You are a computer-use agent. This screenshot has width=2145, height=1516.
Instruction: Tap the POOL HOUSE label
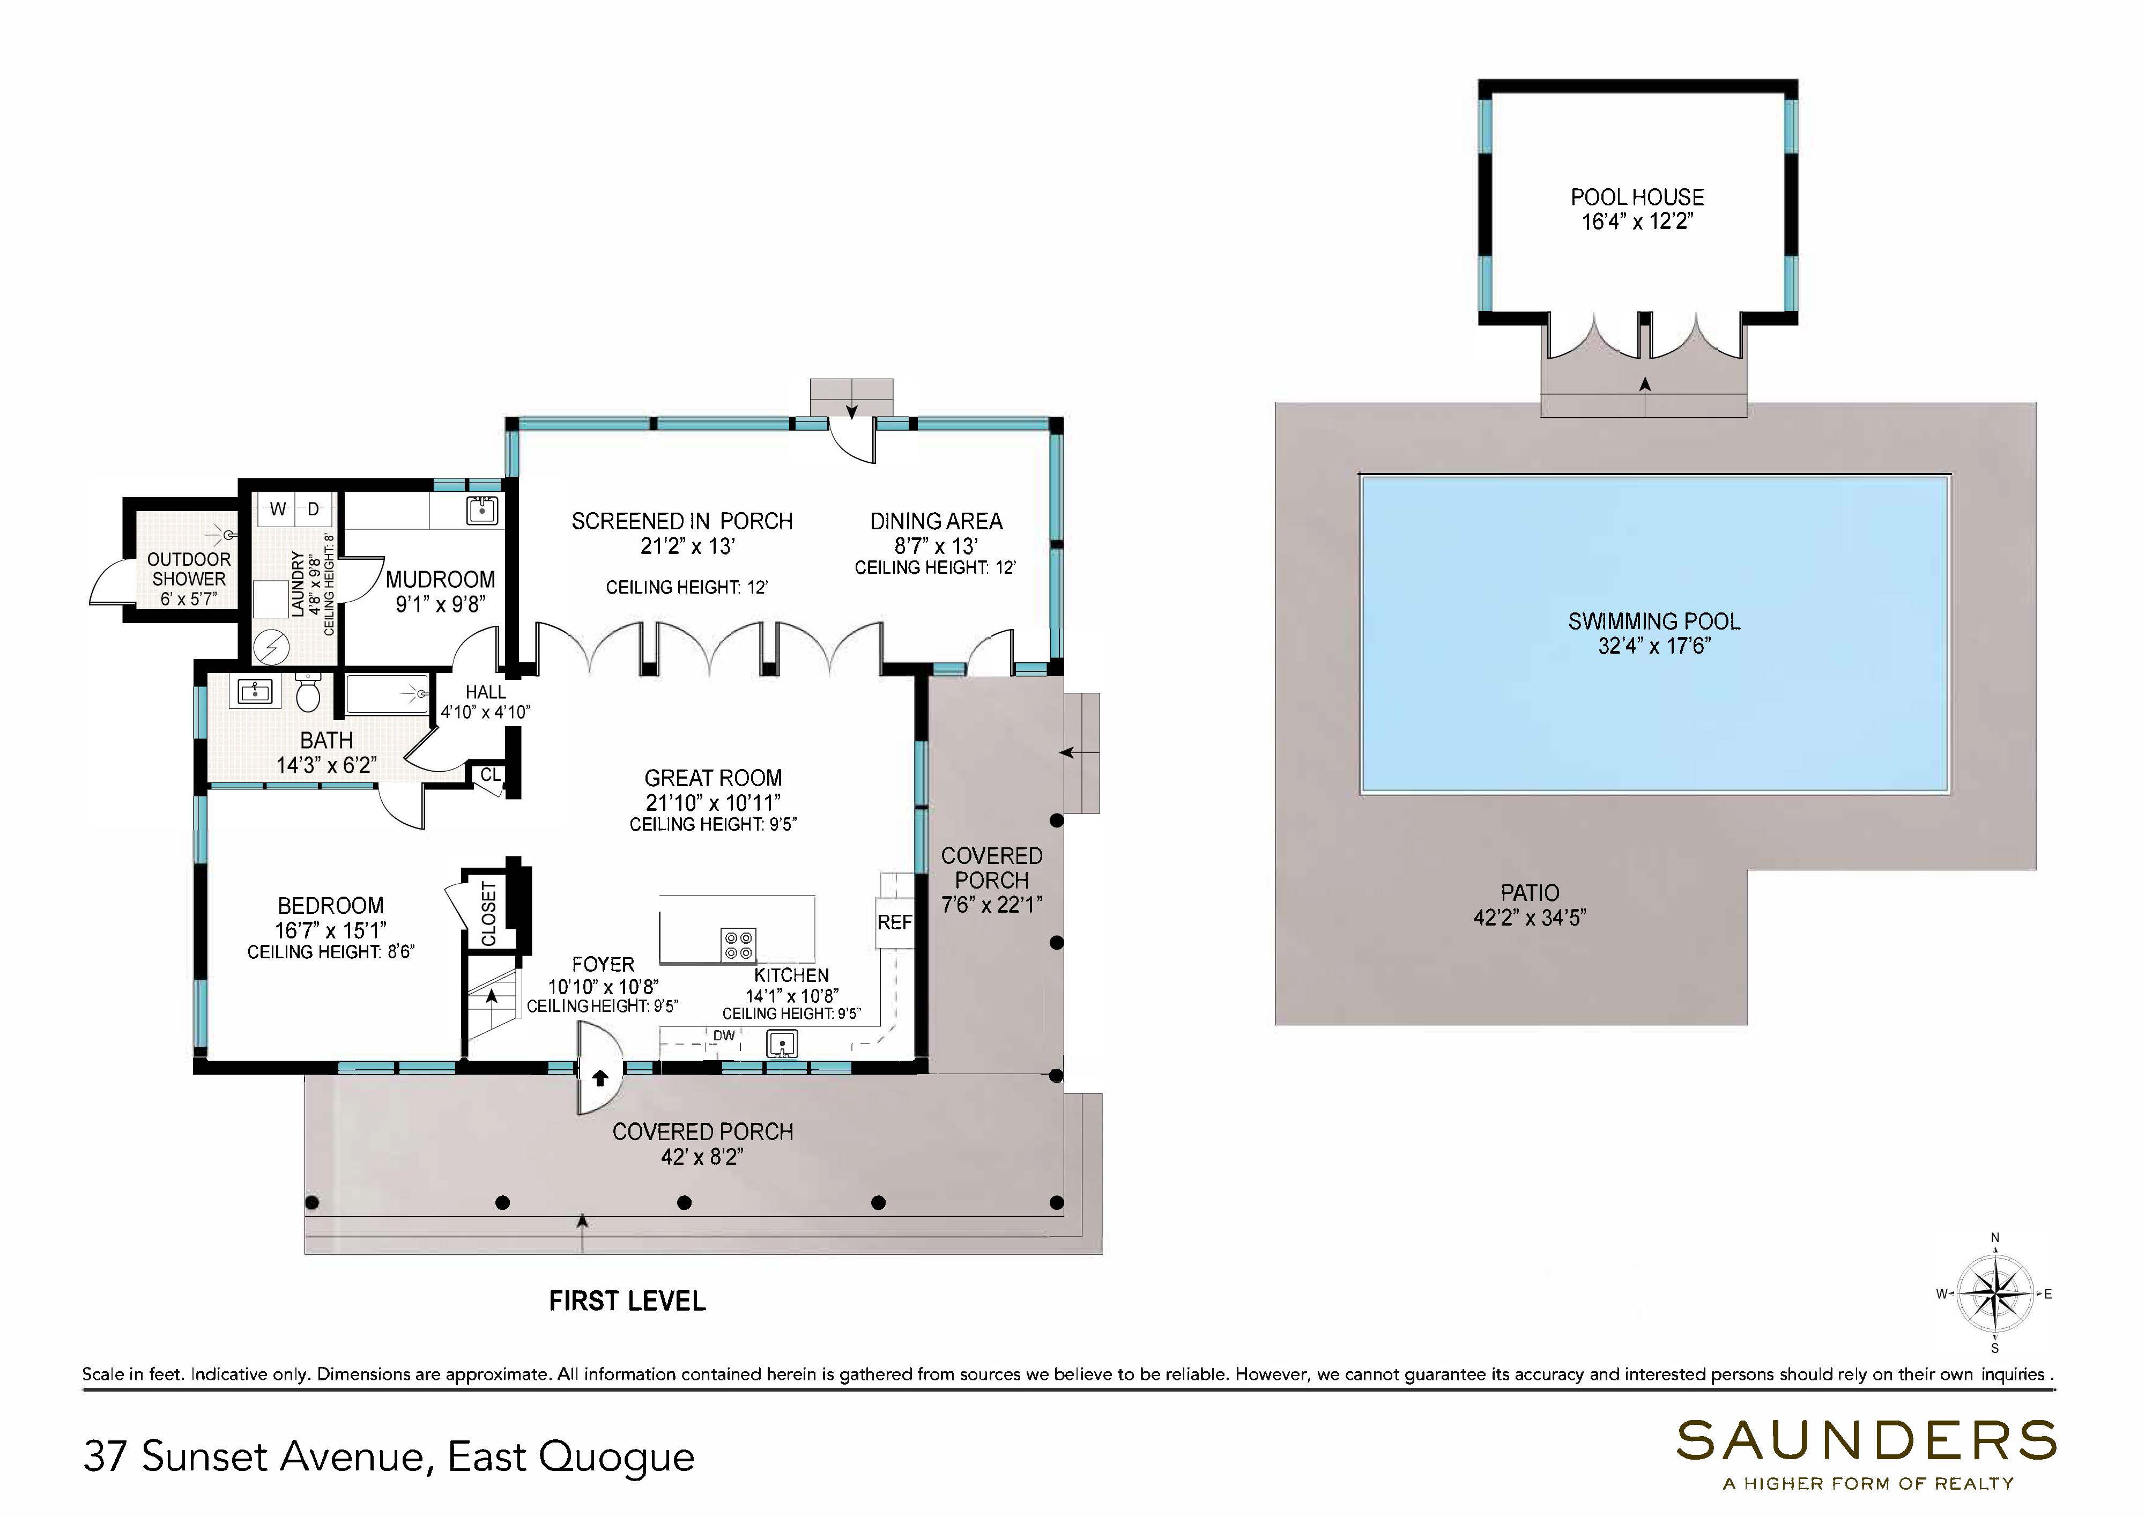1637,197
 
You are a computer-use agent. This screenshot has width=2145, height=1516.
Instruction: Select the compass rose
1994,1295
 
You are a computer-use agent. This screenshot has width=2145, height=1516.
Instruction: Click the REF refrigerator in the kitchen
894,922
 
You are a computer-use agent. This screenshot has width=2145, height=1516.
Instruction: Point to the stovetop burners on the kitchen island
739,945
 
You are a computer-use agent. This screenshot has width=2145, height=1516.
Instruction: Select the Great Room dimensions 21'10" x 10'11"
713,802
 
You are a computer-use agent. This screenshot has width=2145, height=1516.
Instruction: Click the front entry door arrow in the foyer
600,1078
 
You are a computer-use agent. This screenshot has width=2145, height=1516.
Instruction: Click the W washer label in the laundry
278,508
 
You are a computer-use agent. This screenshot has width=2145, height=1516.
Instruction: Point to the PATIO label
1530,892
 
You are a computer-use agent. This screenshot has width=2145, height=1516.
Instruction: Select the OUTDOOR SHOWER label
189,569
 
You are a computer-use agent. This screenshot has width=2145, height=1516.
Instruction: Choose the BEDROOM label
331,906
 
